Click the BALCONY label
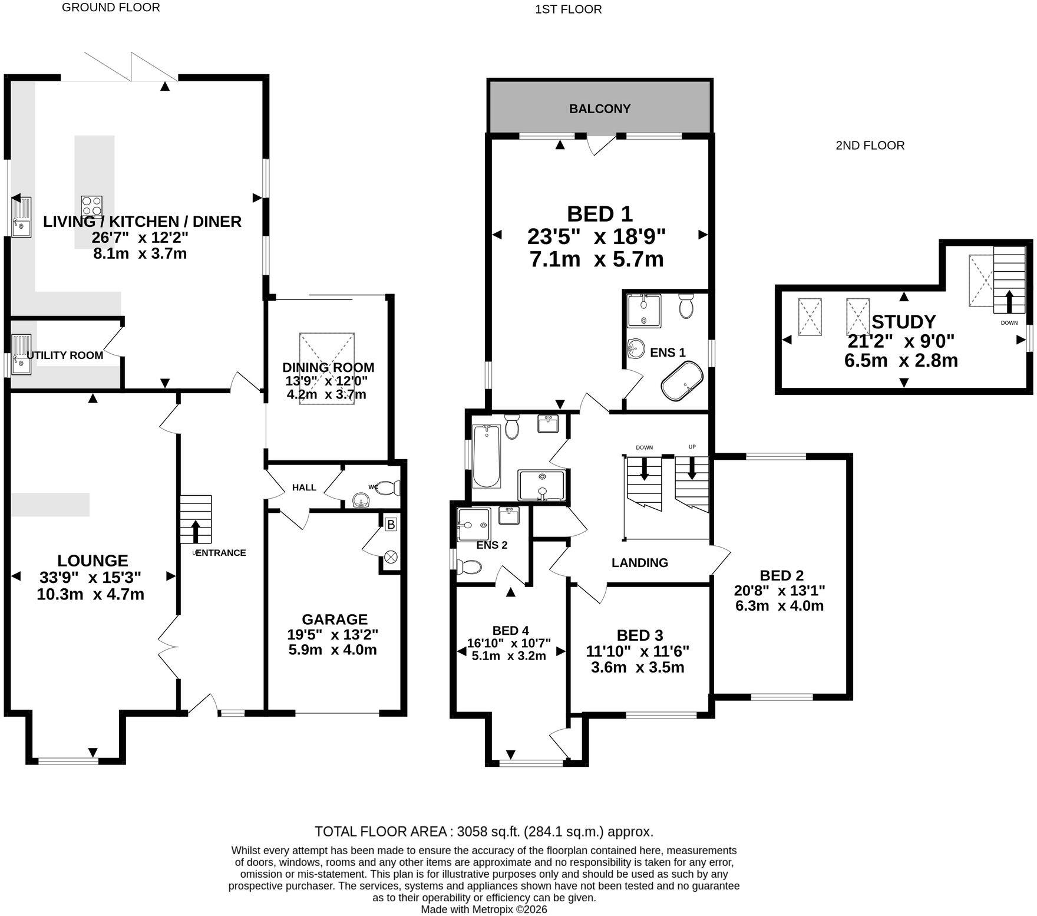(x=599, y=109)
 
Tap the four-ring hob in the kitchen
(x=92, y=206)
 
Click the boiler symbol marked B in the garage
(x=391, y=524)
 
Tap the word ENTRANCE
(x=220, y=553)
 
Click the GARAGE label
(x=335, y=620)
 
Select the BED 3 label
(x=640, y=635)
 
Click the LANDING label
(x=640, y=563)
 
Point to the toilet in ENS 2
(x=470, y=567)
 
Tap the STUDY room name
(x=903, y=322)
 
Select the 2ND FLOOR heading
(x=870, y=146)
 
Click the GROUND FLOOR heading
(x=111, y=8)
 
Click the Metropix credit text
(x=484, y=910)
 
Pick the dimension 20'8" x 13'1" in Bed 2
(x=780, y=591)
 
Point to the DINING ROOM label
(x=328, y=368)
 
